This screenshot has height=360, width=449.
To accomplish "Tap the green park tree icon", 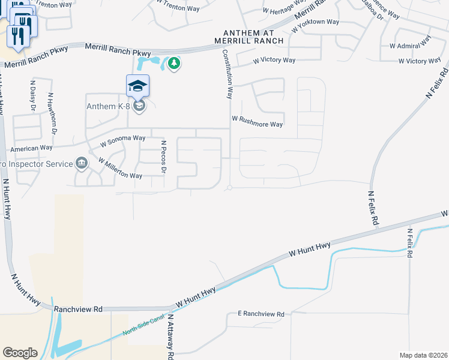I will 174,62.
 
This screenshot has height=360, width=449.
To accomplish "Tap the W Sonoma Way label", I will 122,140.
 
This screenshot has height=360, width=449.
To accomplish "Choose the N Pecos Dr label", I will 163,157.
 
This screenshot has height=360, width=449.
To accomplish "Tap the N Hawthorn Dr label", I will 53,113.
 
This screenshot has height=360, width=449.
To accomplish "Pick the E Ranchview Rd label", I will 260,314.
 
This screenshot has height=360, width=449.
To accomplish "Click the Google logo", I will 20,353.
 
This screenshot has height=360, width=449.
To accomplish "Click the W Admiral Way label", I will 411,42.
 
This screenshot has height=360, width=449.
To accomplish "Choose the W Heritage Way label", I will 286,8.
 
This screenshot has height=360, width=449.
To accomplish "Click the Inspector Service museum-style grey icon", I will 81,163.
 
